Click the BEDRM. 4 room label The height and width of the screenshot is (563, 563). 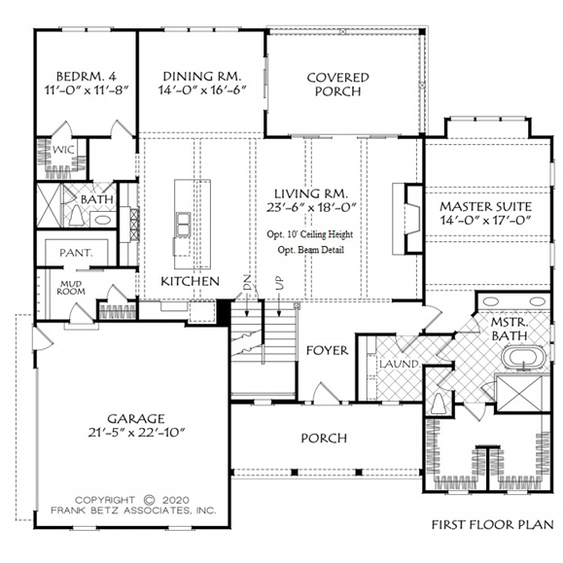tap(87, 77)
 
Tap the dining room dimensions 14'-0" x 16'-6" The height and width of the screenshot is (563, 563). tap(202, 89)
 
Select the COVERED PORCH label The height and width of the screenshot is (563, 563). tap(337, 85)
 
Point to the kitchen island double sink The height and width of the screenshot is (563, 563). tap(183, 225)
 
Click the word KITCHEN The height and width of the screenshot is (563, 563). tap(190, 281)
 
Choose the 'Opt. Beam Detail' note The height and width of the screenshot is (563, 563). tap(310, 250)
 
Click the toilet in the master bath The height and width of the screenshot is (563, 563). tap(439, 403)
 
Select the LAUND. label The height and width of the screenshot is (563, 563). tap(400, 364)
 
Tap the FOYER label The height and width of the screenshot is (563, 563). tap(327, 350)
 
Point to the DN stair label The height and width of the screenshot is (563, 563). tap(247, 283)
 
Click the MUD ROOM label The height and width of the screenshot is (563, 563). tap(71, 288)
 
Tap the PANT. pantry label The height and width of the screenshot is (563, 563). tap(76, 253)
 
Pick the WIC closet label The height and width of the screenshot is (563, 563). tap(63, 150)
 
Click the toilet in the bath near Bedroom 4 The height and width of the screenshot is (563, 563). tap(76, 216)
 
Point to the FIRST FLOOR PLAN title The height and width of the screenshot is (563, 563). tap(492, 524)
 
